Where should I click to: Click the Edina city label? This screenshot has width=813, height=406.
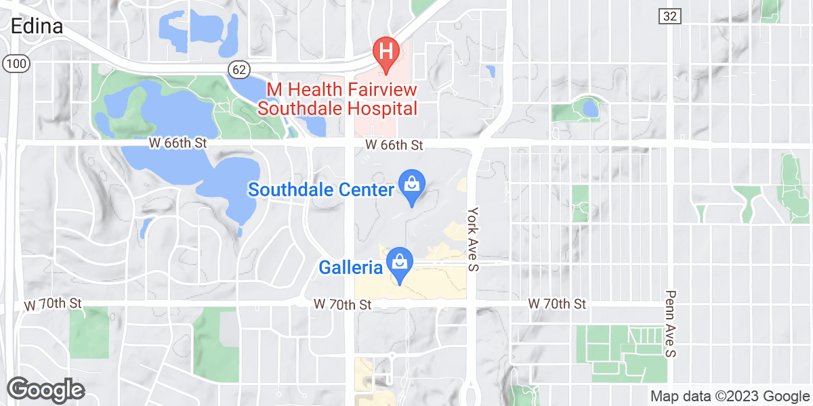(37, 26)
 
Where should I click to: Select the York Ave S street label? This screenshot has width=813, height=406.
(473, 240)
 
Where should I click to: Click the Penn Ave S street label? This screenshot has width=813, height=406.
(670, 324)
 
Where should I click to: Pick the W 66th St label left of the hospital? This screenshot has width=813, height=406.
(178, 144)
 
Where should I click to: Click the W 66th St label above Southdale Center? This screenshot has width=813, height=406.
(394, 145)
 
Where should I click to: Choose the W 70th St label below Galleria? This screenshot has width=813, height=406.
(343, 305)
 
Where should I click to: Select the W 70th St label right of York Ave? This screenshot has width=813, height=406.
(557, 304)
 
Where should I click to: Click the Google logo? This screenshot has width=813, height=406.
(45, 390)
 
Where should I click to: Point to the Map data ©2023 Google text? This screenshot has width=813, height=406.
(729, 396)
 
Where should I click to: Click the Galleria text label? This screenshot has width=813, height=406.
(350, 268)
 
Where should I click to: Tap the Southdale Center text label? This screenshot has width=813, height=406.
(320, 189)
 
